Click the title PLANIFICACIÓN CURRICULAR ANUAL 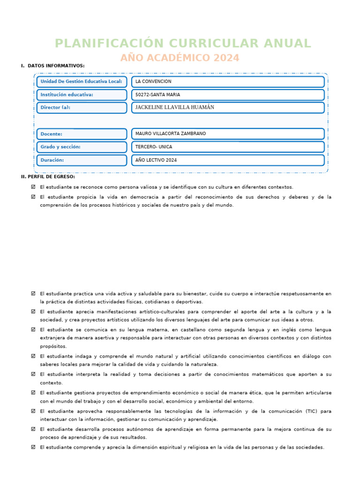click(182, 44)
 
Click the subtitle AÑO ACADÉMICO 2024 click(180, 58)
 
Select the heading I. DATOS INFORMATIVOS click(52, 66)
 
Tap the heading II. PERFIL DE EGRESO click(48, 177)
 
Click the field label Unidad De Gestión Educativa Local click(82, 82)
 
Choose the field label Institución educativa click(67, 95)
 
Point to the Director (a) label click(55, 107)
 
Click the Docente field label click(51, 134)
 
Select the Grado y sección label click(60, 147)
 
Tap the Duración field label click(52, 160)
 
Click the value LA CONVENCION click(153, 82)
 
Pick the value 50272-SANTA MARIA click(157, 95)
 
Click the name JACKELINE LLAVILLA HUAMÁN click(174, 107)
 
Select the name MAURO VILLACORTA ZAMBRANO click(170, 134)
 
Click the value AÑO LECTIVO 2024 click(156, 160)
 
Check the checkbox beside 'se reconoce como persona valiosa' click(33, 187)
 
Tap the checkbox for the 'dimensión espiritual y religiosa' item click(33, 447)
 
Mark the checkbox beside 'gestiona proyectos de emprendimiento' click(33, 393)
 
